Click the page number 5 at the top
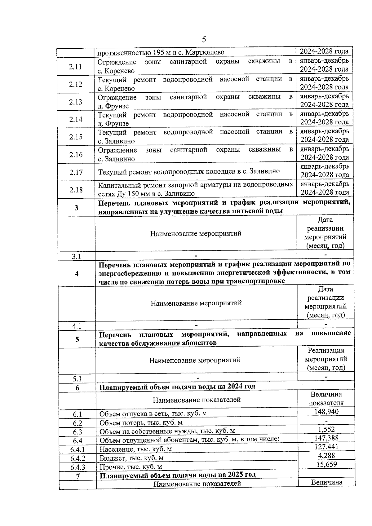pyautogui.click(x=204, y=39)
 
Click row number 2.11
pyautogui.click(x=75, y=67)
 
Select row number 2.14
pyautogui.click(x=76, y=119)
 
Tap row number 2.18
pyautogui.click(x=76, y=190)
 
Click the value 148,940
pyautogui.click(x=326, y=411)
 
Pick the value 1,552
pyautogui.click(x=326, y=429)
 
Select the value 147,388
pyautogui.click(x=326, y=438)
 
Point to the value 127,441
pyautogui.click(x=326, y=447)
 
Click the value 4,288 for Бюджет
pyautogui.click(x=326, y=455)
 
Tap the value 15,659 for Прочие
pyautogui.click(x=326, y=464)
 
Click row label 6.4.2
pyautogui.click(x=77, y=458)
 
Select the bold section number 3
pyautogui.click(x=76, y=208)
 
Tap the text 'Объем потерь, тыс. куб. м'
pyautogui.click(x=141, y=423)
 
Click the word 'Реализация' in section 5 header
pyautogui.click(x=326, y=351)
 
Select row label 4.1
pyautogui.click(x=77, y=326)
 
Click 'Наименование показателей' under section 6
pyautogui.click(x=197, y=400)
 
